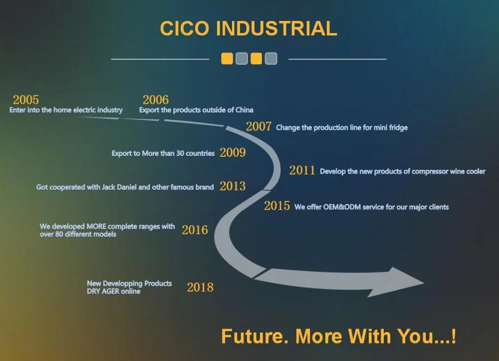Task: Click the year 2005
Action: (x=26, y=100)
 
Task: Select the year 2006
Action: (x=156, y=100)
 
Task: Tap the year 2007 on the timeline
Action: (x=258, y=126)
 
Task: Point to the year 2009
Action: (x=233, y=152)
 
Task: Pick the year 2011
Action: (x=302, y=170)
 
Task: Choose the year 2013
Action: (x=233, y=186)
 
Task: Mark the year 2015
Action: (x=277, y=206)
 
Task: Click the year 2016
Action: (x=195, y=230)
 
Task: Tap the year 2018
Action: (x=200, y=287)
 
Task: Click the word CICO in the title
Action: (x=185, y=28)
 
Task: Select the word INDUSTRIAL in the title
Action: (x=276, y=28)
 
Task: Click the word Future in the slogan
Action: (x=254, y=336)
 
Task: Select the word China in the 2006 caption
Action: (x=245, y=110)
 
